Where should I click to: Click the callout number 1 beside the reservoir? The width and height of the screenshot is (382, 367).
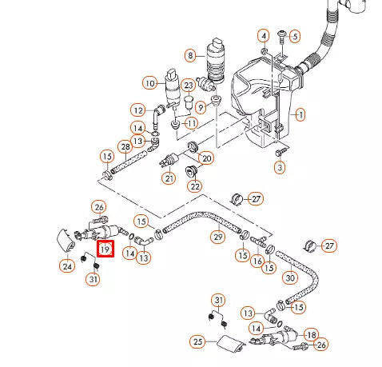pyautogui.click(x=300, y=115)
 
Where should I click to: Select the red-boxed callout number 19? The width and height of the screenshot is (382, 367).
pyautogui.click(x=105, y=250)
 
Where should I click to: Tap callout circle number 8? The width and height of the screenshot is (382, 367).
pyautogui.click(x=189, y=55)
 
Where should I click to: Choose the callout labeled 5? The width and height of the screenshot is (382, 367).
pyautogui.click(x=293, y=36)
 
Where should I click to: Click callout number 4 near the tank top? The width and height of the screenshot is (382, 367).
pyautogui.click(x=264, y=35)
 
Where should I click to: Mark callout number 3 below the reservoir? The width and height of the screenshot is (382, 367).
pyautogui.click(x=279, y=167)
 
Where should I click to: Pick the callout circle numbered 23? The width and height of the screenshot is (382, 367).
pyautogui.click(x=189, y=86)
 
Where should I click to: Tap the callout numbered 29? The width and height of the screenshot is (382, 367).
pyautogui.click(x=216, y=237)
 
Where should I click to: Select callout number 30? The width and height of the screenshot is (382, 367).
pyautogui.click(x=290, y=277)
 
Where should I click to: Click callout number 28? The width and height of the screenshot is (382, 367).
pyautogui.click(x=125, y=146)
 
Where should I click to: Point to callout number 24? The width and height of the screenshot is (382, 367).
pyautogui.click(x=66, y=265)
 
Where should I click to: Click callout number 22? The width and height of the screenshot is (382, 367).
pyautogui.click(x=194, y=185)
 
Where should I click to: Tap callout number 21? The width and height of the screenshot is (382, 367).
pyautogui.click(x=169, y=178)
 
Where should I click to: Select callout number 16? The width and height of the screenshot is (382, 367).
pyautogui.click(x=257, y=261)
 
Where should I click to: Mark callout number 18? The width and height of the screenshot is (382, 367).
pyautogui.click(x=312, y=334)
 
